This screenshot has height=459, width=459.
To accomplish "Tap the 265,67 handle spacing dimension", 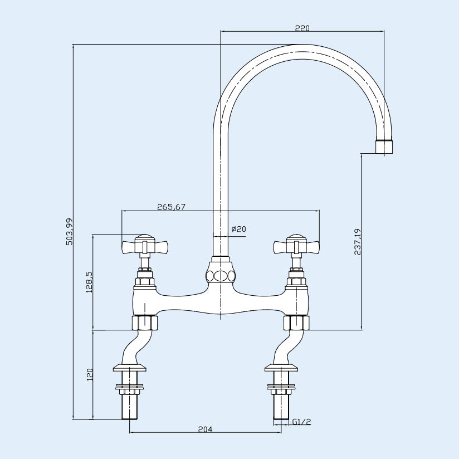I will [171, 207].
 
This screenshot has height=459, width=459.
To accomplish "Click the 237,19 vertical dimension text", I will [358, 242].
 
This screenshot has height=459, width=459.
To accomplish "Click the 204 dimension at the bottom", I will [206, 429].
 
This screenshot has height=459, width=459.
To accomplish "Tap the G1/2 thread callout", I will [301, 422].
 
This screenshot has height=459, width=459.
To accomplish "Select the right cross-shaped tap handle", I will [296, 245].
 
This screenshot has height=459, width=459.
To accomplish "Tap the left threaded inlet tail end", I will [130, 411].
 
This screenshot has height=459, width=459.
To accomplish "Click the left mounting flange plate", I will [129, 367].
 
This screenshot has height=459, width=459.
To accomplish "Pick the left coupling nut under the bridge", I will [144, 323].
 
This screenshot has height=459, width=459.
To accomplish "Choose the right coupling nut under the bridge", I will [296, 323].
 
